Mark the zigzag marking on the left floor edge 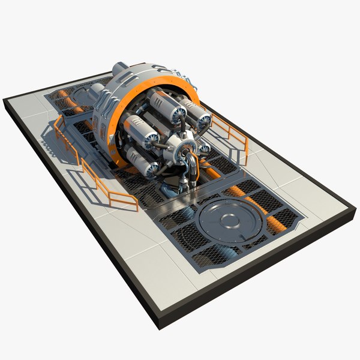pos(46,144)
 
